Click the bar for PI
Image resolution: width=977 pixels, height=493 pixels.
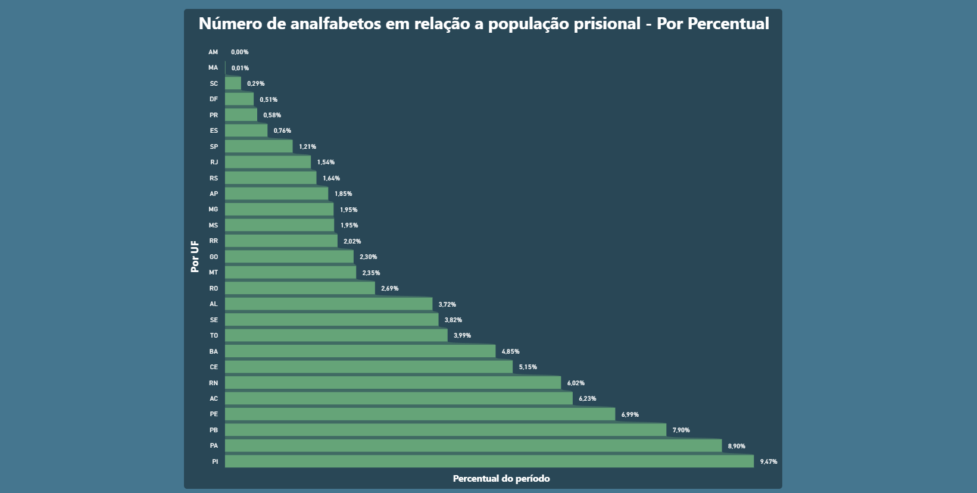tap(489, 461)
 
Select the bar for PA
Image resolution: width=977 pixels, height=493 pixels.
tap(473, 446)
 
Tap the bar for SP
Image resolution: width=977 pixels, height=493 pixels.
tap(258, 146)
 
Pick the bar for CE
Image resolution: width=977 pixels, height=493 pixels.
tap(369, 367)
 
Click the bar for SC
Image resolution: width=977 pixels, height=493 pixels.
tap(233, 83)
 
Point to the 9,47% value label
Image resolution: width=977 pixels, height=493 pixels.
tap(768, 462)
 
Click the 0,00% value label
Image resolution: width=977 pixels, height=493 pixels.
tap(240, 52)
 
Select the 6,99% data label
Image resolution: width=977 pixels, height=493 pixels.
tap(630, 414)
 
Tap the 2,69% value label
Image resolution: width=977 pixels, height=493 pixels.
tap(390, 289)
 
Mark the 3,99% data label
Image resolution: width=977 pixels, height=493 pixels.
tap(462, 336)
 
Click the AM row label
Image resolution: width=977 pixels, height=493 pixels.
tap(213, 52)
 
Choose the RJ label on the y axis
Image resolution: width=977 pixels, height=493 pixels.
tap(214, 163)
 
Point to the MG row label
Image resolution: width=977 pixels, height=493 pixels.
tap(213, 210)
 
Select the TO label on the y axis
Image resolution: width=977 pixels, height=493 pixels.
tap(214, 336)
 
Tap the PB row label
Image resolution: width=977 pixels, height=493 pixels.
tap(214, 430)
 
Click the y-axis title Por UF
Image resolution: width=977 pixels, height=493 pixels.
tap(195, 257)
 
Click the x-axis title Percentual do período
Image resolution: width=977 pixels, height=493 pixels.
tap(501, 479)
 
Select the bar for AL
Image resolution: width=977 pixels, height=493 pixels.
tap(329, 304)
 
